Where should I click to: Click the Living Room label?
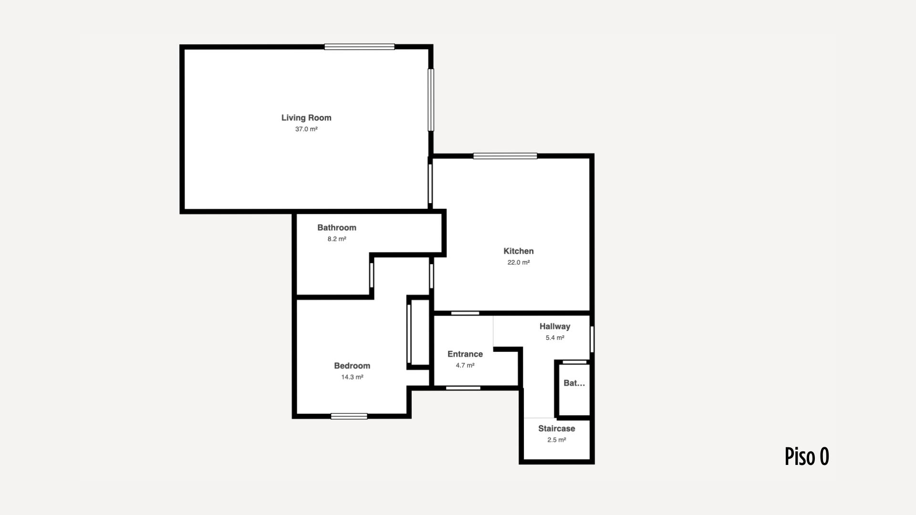point(306,118)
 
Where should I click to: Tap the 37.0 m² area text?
point(306,129)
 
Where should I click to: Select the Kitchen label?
point(519,251)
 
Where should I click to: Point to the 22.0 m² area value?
point(519,263)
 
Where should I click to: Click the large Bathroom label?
point(337,228)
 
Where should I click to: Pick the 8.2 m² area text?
point(337,239)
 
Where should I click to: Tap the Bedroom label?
point(352,366)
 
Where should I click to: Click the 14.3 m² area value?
point(352,378)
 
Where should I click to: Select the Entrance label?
point(465,354)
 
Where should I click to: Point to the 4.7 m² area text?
point(465,366)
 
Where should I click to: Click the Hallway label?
point(555,327)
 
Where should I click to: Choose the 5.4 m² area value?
point(555,338)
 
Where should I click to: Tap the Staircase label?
point(557,429)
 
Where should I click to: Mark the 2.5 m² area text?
point(557,440)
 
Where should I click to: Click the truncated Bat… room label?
point(574,383)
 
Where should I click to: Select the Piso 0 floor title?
point(807,456)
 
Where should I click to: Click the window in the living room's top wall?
point(360,47)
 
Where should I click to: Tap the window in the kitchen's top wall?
point(505,156)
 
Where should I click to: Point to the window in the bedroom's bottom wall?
point(349,416)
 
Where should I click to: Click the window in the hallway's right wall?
point(592,340)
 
